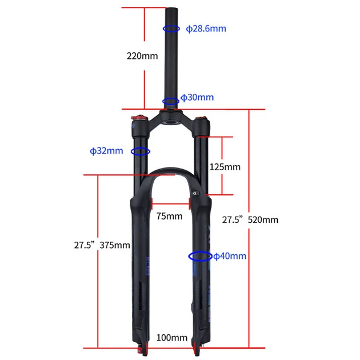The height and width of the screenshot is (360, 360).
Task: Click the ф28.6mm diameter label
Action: [206, 29]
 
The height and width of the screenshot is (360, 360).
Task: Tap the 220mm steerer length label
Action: [142, 56]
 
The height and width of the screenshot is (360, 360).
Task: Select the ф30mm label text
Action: [197, 97]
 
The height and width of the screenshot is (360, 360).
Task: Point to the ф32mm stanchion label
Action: [106, 151]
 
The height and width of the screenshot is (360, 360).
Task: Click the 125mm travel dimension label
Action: [225, 167]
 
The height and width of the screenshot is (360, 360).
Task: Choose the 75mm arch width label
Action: [170, 216]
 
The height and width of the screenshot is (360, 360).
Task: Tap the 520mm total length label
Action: [263, 220]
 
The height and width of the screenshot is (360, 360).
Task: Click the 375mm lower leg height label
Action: [115, 245]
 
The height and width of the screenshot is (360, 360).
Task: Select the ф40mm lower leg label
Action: [230, 256]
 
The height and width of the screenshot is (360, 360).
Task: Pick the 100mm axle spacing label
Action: [172, 338]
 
